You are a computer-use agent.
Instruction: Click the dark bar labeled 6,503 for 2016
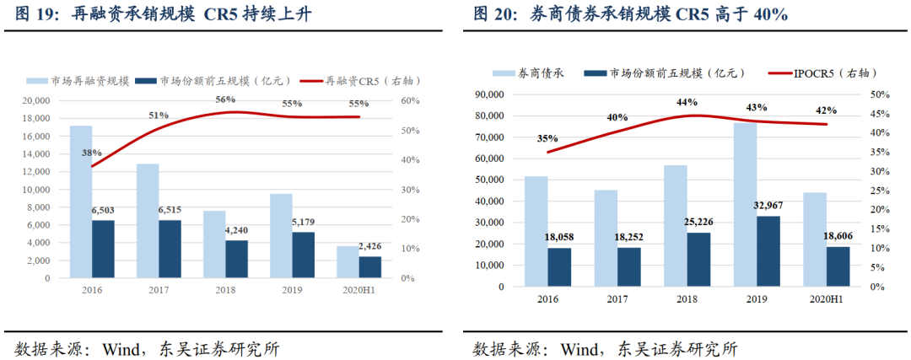coord(103,249)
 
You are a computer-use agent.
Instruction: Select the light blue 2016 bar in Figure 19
coord(81,201)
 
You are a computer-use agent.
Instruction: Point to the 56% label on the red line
coord(225,99)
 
